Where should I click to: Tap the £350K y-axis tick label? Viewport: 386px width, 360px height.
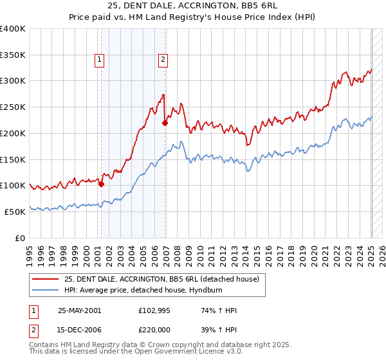13,55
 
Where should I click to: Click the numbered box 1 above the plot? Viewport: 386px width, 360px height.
100,60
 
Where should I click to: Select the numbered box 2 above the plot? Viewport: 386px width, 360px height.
163,60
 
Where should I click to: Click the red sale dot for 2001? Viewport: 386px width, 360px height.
102,184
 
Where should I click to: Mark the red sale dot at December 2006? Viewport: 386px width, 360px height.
165,123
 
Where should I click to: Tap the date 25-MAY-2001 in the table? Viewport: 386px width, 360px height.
79,310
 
